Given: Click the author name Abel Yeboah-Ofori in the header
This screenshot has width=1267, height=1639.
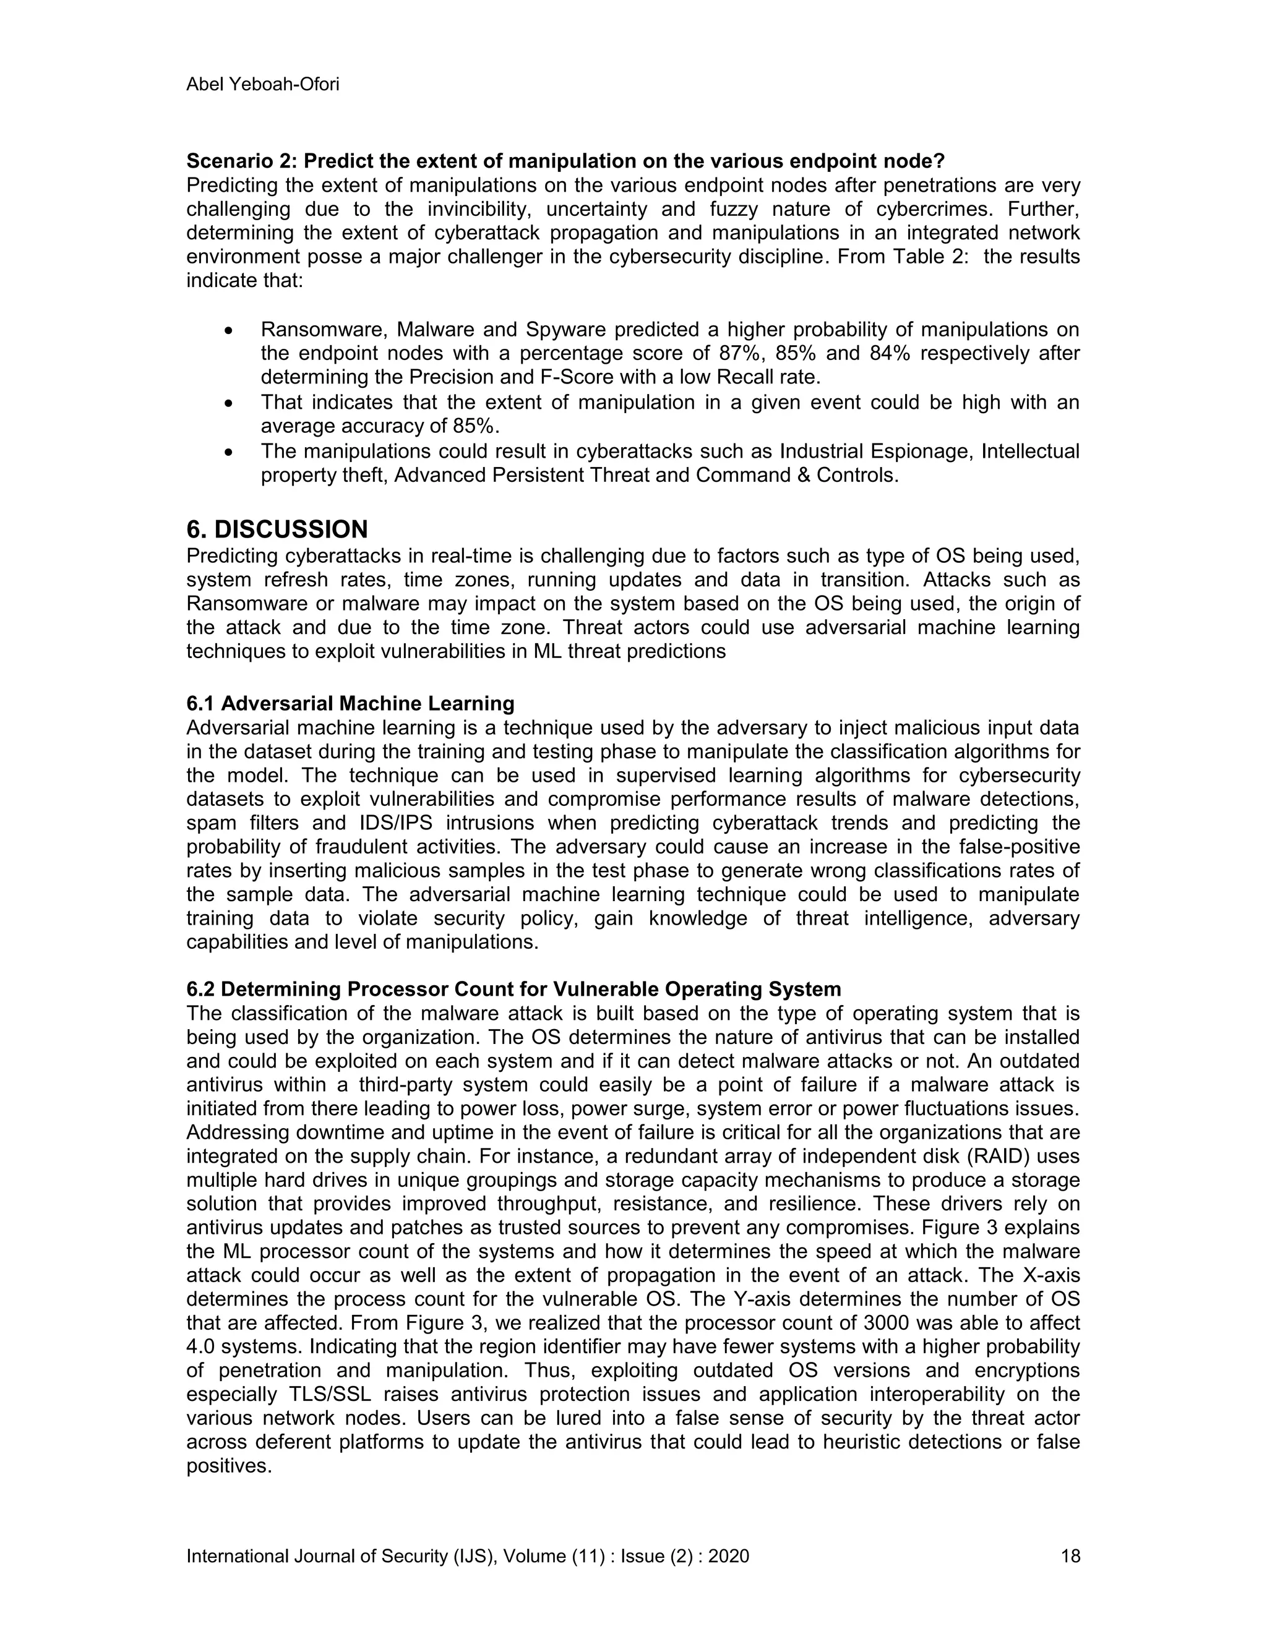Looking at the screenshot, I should tap(263, 84).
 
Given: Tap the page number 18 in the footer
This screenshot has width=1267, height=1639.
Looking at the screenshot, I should tap(1070, 1556).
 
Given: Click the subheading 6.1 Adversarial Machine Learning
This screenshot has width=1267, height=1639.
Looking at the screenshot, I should tap(351, 703).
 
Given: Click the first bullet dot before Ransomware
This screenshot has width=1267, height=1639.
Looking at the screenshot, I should tap(230, 331).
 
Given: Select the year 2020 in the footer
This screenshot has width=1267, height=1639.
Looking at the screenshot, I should tap(728, 1556).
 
